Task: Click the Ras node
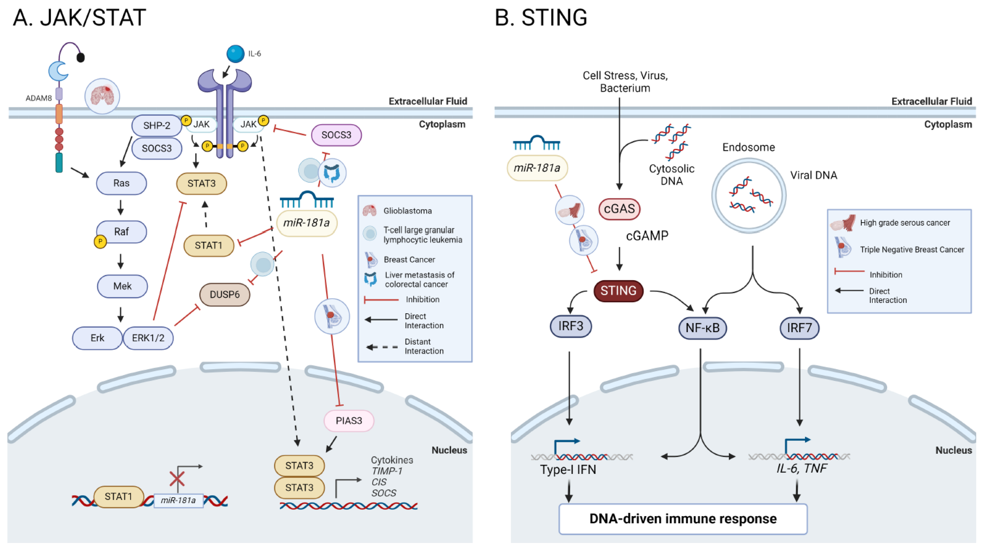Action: click(x=121, y=183)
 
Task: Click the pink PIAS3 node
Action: click(x=348, y=421)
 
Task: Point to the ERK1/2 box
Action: click(x=148, y=338)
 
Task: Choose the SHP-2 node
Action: click(x=157, y=125)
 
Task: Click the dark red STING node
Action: click(x=618, y=291)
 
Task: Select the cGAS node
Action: click(x=619, y=209)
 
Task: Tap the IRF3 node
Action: click(x=571, y=326)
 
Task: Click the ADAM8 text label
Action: click(x=38, y=98)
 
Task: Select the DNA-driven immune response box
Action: click(x=683, y=519)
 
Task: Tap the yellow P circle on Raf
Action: click(x=100, y=242)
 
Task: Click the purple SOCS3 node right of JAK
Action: click(x=336, y=135)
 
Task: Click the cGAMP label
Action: click(x=647, y=236)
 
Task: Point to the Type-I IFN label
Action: click(x=568, y=469)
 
